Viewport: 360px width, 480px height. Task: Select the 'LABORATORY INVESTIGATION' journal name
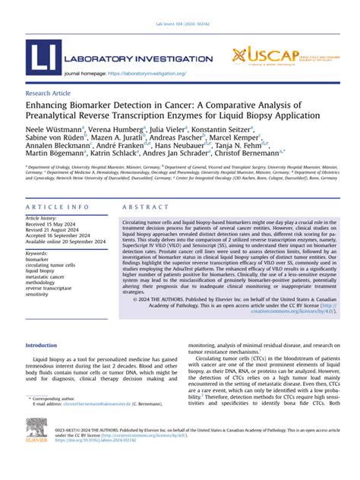[142, 58]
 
